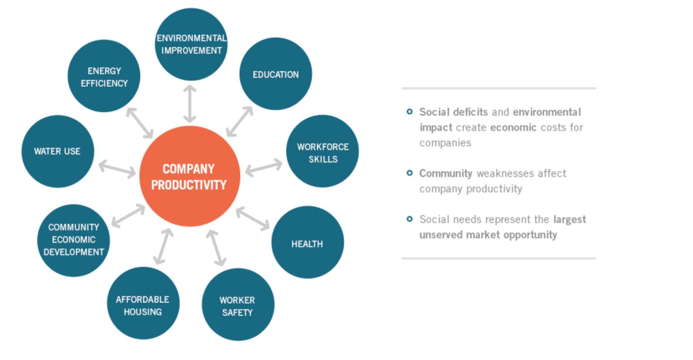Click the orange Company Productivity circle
click(x=190, y=176)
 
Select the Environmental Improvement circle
click(x=191, y=44)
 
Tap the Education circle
click(x=276, y=74)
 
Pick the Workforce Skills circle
click(x=322, y=151)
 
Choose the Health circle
click(x=307, y=242)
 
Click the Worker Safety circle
click(x=238, y=305)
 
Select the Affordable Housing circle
click(x=143, y=303)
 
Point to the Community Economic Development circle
click(x=73, y=241)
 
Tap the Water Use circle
click(x=58, y=152)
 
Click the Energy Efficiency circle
click(x=104, y=76)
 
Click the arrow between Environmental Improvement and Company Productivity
click(x=190, y=104)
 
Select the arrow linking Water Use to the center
click(x=117, y=169)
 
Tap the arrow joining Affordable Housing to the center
click(x=163, y=246)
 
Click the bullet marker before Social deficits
click(x=410, y=111)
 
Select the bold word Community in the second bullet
click(x=446, y=173)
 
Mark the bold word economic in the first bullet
click(x=513, y=127)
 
